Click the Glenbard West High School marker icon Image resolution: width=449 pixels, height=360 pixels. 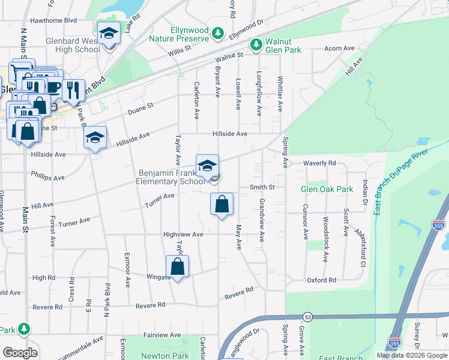pos(109,34)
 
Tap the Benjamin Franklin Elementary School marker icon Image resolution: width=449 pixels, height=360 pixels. pos(208,166)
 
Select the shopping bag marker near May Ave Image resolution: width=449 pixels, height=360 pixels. pos(222,204)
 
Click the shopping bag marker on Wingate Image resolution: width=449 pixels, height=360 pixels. pos(178,266)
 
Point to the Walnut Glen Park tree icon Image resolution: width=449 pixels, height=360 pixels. pos(256,44)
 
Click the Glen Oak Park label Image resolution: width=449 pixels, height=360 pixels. pos(327,189)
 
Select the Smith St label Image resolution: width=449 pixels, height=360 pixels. pos(262,187)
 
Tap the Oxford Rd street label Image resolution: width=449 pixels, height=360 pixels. pos(322,280)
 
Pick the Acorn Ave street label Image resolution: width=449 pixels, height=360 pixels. pos(340,49)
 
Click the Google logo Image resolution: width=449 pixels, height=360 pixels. pos(20,353)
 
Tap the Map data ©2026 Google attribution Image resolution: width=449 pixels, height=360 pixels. pos(411,355)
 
